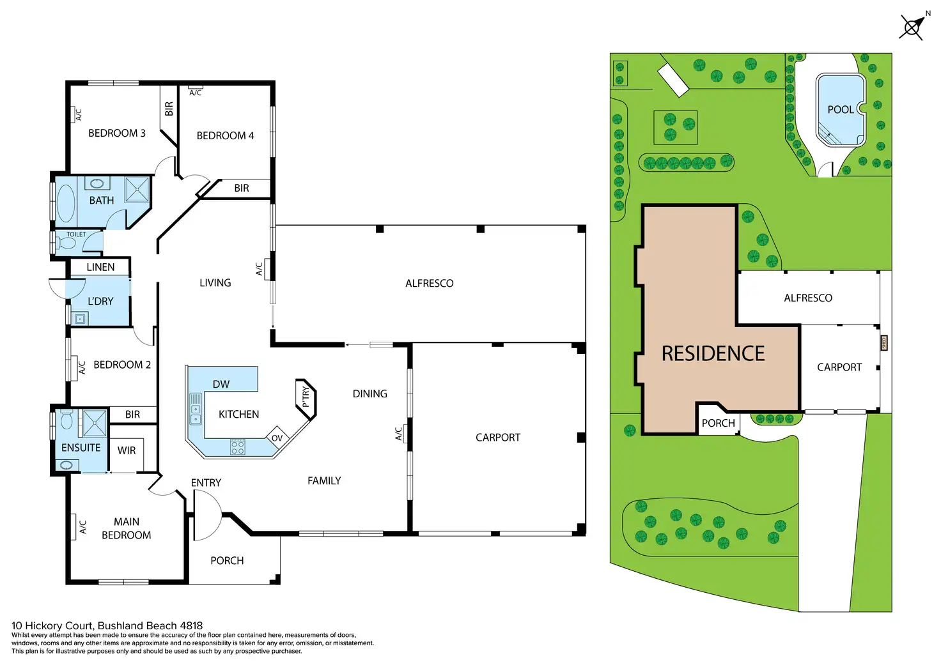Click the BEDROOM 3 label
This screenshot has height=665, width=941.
pos(116,133)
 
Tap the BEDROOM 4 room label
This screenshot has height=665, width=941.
pos(225,135)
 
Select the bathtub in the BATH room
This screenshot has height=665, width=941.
pos(66,203)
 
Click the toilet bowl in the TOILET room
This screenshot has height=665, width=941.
pos(66,243)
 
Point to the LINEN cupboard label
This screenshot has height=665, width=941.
pos(100,267)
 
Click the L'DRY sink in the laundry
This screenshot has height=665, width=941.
pos(80,319)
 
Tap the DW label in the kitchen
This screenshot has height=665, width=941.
pos(221,384)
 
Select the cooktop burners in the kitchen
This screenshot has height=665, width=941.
pos(237,447)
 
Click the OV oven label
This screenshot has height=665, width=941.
pos(277,438)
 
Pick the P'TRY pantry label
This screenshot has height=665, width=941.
pos(306,397)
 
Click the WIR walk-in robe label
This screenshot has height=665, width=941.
pos(127,450)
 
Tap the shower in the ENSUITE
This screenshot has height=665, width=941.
pos(95,422)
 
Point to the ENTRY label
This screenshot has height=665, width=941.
pos(206,483)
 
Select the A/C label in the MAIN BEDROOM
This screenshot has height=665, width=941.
pos(82,527)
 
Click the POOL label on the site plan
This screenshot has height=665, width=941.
pos(840,110)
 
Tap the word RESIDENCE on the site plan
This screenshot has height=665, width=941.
pos(713,353)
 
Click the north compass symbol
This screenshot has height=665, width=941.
pos(912,27)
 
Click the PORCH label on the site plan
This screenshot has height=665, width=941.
pos(718,423)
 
